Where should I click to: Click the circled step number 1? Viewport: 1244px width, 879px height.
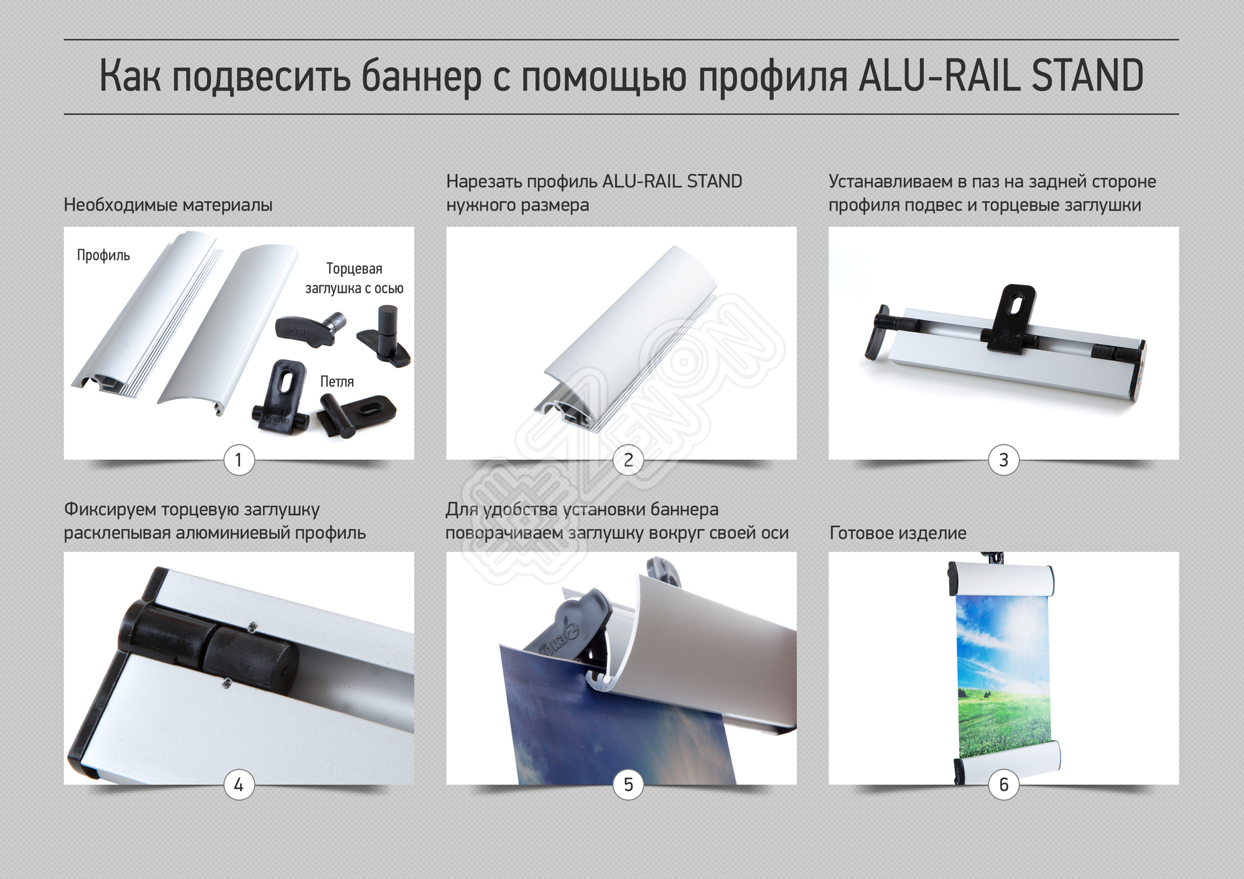pos(239,460)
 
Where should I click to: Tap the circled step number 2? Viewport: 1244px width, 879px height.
pos(628,460)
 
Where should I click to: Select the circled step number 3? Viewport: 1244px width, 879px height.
pos(1003,460)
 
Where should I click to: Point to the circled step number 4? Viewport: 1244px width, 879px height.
pos(239,785)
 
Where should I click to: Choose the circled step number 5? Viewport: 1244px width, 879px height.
pos(628,785)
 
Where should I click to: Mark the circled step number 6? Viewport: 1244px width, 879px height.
pos(1003,785)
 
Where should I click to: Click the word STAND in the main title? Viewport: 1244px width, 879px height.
pos(1087,76)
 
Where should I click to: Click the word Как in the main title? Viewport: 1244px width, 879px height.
pos(131,76)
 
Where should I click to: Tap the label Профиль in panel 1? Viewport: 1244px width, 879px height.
pos(103,255)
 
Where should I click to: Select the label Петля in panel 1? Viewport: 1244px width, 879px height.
pos(337,382)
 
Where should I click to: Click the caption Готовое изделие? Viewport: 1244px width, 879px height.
pos(898,533)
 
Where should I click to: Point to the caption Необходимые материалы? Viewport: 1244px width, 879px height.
pos(168,205)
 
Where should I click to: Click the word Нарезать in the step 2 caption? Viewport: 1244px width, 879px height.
pos(484,182)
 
